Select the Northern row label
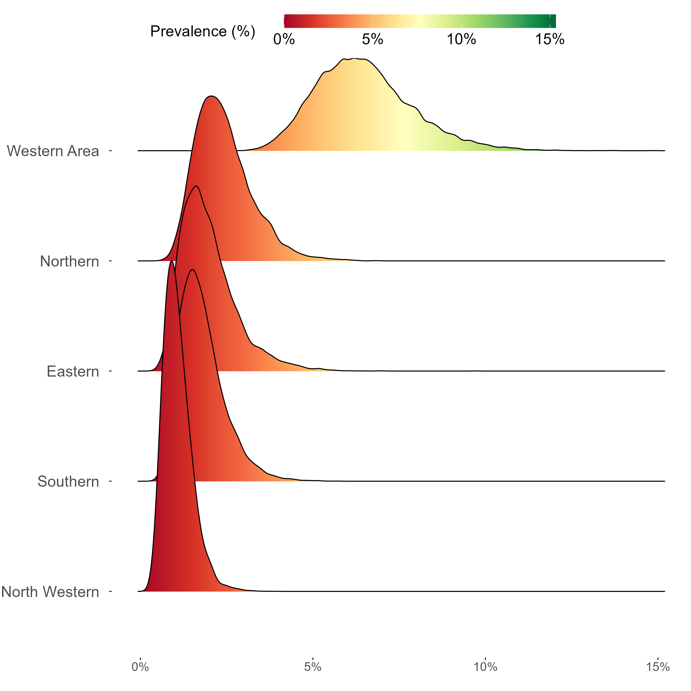[x=69, y=261]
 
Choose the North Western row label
[x=50, y=592]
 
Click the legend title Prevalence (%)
[x=202, y=32]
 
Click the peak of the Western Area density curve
[x=354, y=58]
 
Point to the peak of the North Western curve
[x=172, y=261]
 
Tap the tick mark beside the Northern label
[x=111, y=261]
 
